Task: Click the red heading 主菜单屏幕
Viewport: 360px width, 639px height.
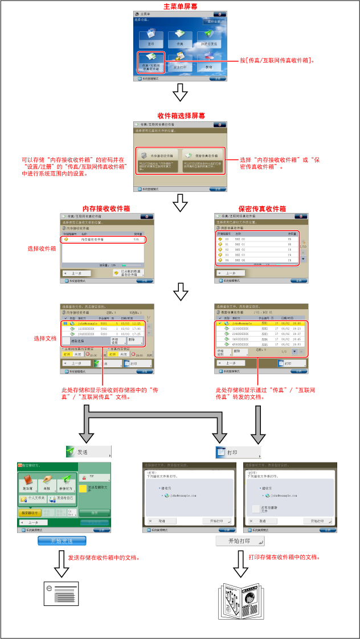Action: tap(180, 7)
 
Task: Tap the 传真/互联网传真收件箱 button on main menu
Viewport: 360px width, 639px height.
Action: tap(151, 62)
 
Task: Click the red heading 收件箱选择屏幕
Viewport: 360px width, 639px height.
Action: tap(180, 116)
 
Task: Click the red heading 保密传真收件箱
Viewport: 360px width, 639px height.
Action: tap(263, 208)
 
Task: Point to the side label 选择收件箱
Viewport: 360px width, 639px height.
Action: tap(42, 249)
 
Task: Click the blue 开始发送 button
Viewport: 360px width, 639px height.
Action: tap(62, 540)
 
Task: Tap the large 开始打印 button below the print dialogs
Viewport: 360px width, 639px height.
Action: tap(240, 540)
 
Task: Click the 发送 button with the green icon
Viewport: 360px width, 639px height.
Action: tap(88, 452)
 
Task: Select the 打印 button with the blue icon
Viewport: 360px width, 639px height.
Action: tap(238, 452)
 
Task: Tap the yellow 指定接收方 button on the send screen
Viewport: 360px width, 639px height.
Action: tap(28, 513)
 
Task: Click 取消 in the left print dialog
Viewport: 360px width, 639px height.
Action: tap(158, 521)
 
